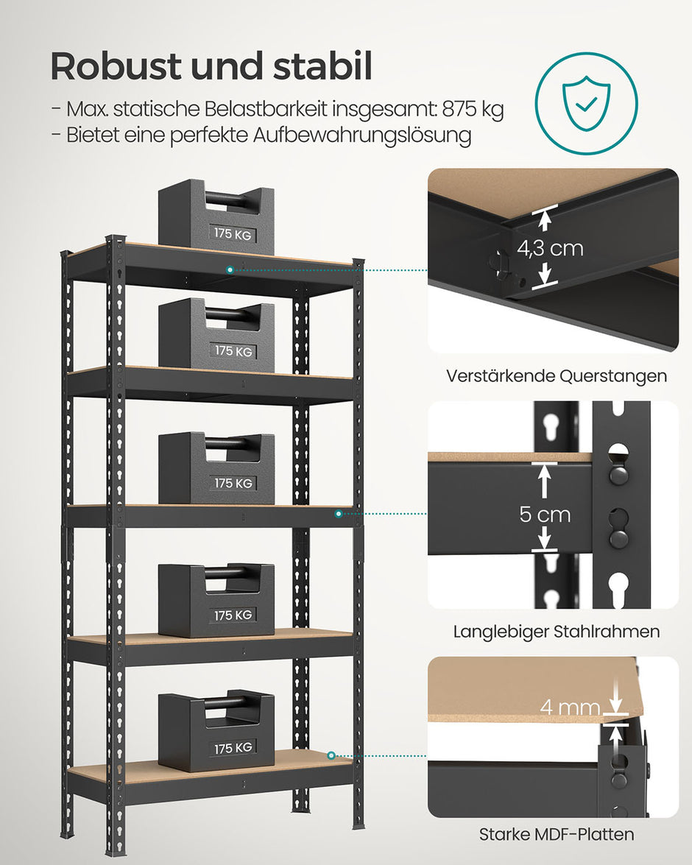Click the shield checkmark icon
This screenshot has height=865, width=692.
pyautogui.click(x=586, y=103)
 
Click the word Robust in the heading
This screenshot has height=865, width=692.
pyautogui.click(x=116, y=67)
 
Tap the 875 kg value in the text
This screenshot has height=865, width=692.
pyautogui.click(x=473, y=110)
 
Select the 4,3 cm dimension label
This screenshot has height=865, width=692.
pyautogui.click(x=549, y=248)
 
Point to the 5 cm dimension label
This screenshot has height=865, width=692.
pyautogui.click(x=545, y=514)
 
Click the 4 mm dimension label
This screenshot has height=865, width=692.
pyautogui.click(x=570, y=708)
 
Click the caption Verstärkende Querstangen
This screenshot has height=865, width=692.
pyautogui.click(x=556, y=376)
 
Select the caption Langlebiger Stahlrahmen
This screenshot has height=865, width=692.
pyautogui.click(x=556, y=632)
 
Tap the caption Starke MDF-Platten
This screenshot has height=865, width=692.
pyautogui.click(x=556, y=834)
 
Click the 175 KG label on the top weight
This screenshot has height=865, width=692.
pyautogui.click(x=233, y=233)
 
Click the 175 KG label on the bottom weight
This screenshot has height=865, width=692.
pyautogui.click(x=233, y=748)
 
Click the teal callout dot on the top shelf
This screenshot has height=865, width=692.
pyautogui.click(x=230, y=270)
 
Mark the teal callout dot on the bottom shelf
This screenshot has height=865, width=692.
pyautogui.click(x=331, y=755)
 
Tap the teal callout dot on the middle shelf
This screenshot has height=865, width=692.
pyautogui.click(x=339, y=513)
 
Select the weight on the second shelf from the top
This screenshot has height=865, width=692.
pyautogui.click(x=216, y=335)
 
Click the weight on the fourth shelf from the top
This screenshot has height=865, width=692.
pyautogui.click(x=216, y=599)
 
